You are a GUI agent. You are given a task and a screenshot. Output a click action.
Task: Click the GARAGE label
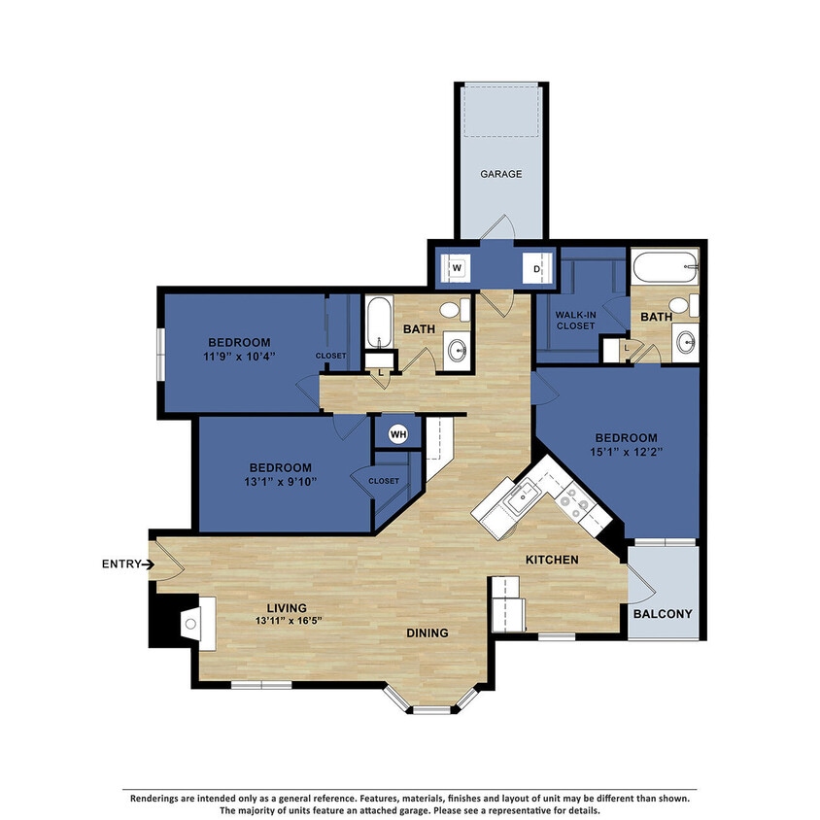[500, 175]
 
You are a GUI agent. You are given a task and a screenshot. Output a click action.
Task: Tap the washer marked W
[455, 266]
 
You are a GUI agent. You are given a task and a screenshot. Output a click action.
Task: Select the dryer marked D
[535, 266]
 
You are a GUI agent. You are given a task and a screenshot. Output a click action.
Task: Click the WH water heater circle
[397, 434]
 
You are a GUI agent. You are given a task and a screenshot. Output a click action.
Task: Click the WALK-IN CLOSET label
[575, 321]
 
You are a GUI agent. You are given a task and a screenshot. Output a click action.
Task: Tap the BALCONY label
[663, 614]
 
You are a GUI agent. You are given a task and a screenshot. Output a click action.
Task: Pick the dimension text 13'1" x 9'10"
[279, 481]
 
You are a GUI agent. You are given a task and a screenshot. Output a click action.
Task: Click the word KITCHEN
[552, 561]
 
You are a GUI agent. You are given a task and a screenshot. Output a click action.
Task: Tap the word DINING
[427, 632]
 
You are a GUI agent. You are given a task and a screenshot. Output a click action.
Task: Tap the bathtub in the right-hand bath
[665, 264]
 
